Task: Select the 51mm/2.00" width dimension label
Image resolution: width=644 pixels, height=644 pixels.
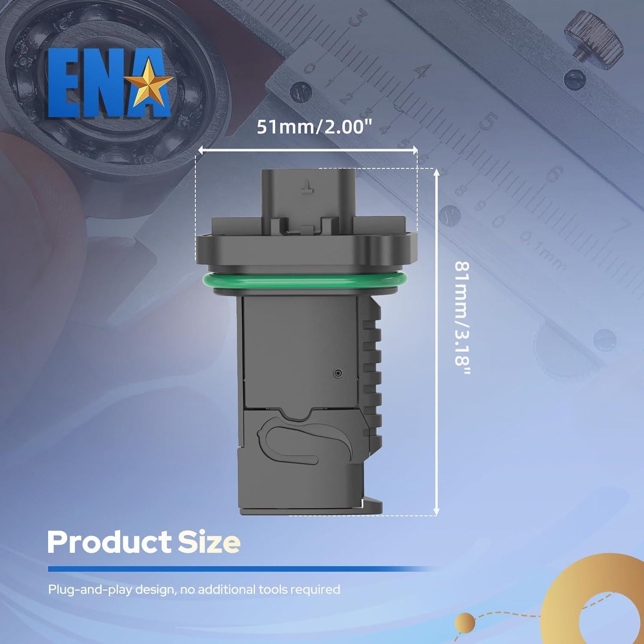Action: coord(314,128)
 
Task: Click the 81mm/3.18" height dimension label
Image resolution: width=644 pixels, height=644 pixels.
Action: coord(462,320)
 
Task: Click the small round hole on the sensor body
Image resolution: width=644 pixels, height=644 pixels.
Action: coord(338,373)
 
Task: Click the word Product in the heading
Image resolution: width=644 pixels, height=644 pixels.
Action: coord(108,542)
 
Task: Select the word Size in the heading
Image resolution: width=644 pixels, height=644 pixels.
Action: coord(209,542)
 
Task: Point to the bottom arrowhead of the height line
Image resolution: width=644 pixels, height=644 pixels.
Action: coord(437,512)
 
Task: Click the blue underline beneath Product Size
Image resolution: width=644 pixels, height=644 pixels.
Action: coord(240,569)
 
